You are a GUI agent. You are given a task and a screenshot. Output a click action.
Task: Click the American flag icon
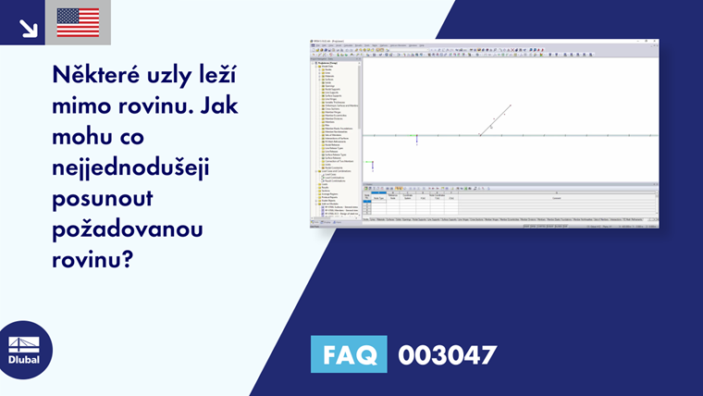[x=78, y=22]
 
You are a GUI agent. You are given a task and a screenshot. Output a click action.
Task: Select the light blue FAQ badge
[x=348, y=354]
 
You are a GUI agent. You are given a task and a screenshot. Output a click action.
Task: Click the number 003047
[x=447, y=354]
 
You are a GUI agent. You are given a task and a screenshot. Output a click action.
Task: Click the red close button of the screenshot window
[x=655, y=42]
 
